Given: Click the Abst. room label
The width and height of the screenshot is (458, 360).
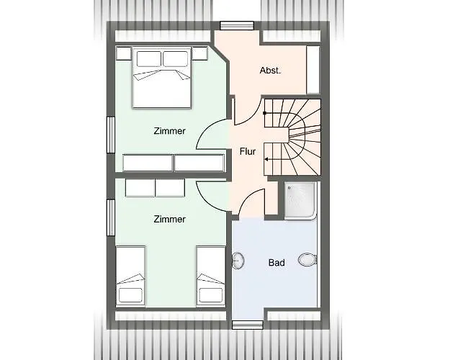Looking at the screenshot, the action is coord(270,71).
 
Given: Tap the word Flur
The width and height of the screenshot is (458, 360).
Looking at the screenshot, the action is coord(248,151).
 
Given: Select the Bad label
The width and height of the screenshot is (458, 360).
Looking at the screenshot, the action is coord(277,263).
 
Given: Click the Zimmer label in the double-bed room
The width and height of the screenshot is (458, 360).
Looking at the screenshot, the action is coord(169,131).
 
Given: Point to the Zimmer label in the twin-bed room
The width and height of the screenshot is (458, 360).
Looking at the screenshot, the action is coord(169,219).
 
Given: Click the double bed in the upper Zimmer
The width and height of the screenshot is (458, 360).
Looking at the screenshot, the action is coord(162,78).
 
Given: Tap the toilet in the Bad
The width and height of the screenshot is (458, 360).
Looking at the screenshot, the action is coord(307,260).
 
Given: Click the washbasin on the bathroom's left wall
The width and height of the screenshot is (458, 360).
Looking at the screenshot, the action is coord(238,260).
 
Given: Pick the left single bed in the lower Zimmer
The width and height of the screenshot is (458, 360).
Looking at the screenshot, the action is coord(130,276).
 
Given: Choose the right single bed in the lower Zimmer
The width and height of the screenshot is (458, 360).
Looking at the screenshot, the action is coord(211,276).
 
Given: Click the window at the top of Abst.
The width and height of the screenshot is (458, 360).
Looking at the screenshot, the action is coord(237,26).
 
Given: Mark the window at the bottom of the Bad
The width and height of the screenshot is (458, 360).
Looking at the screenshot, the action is coord(248,325).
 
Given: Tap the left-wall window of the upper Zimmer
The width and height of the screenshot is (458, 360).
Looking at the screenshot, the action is coord(111,135).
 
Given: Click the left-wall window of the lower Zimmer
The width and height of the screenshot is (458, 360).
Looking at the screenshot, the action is coord(111,217).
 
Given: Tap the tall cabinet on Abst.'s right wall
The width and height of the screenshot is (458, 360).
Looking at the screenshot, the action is coord(313,70).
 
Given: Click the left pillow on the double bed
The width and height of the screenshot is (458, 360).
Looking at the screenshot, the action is coord(149,59).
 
